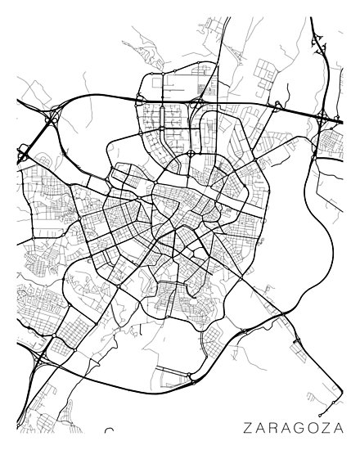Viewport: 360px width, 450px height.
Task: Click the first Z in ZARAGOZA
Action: [246, 426]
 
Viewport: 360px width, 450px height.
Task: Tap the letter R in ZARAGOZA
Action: [274, 426]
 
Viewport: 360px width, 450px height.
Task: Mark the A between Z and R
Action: [260, 426]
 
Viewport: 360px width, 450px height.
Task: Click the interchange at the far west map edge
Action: [22, 153]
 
